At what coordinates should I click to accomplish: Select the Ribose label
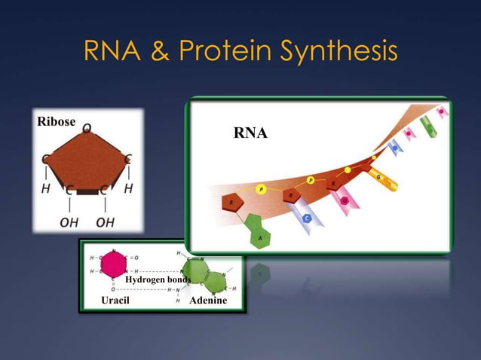tap(56, 121)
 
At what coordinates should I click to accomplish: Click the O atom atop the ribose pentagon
tap(87, 129)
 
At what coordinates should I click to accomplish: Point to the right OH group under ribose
tap(106, 222)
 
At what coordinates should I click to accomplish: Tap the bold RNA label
tap(250, 134)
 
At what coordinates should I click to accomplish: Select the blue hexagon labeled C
tap(307, 218)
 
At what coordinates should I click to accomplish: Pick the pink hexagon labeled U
tap(345, 200)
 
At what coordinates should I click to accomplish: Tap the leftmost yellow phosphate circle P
tap(260, 190)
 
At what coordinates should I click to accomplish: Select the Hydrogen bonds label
tap(158, 279)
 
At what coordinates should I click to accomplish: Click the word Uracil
tap(115, 301)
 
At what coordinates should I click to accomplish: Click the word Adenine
tap(208, 301)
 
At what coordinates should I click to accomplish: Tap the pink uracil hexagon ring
tap(113, 264)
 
